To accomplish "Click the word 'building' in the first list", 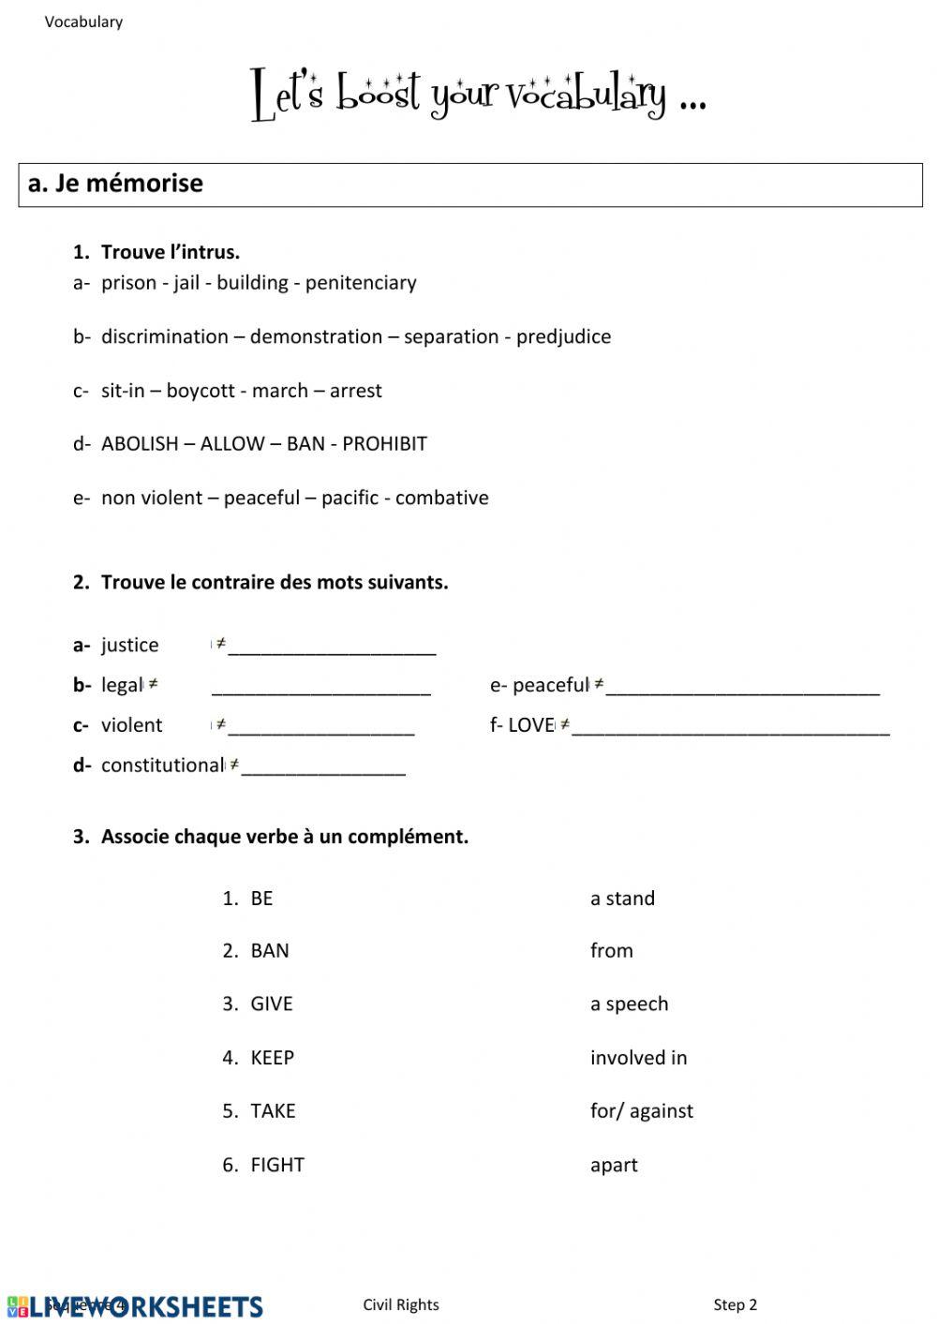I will [x=252, y=283].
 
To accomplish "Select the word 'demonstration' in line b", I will [x=316, y=337].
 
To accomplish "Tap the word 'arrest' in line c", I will [x=355, y=391].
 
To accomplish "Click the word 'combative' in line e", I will [x=441, y=498].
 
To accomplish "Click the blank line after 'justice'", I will [x=332, y=647].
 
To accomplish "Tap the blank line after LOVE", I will [x=730, y=728].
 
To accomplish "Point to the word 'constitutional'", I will [x=162, y=766].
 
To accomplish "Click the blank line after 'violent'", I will [x=320, y=728].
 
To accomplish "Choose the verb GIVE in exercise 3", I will [x=271, y=1004].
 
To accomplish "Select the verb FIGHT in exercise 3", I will [x=276, y=1166].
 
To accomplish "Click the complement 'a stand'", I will [x=622, y=899].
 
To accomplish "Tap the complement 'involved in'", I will [x=638, y=1058].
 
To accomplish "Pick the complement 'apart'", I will [x=614, y=1166].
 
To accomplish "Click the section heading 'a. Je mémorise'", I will [x=115, y=184].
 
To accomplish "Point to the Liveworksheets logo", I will [x=135, y=1306].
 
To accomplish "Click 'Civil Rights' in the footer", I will [x=401, y=1305].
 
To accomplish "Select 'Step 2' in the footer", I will [x=735, y=1305].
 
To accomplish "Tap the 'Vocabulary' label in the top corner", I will [x=83, y=22].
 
